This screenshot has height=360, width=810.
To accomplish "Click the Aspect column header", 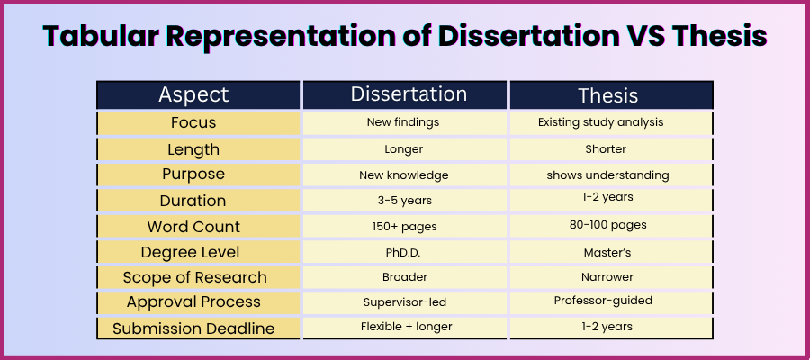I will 193,95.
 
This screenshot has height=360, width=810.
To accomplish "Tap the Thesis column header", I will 608,95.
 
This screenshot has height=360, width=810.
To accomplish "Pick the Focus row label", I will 193,122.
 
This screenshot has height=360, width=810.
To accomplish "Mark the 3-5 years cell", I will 407,200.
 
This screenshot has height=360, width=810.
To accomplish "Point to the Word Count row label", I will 193,226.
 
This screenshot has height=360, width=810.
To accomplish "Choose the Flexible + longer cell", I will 406,327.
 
